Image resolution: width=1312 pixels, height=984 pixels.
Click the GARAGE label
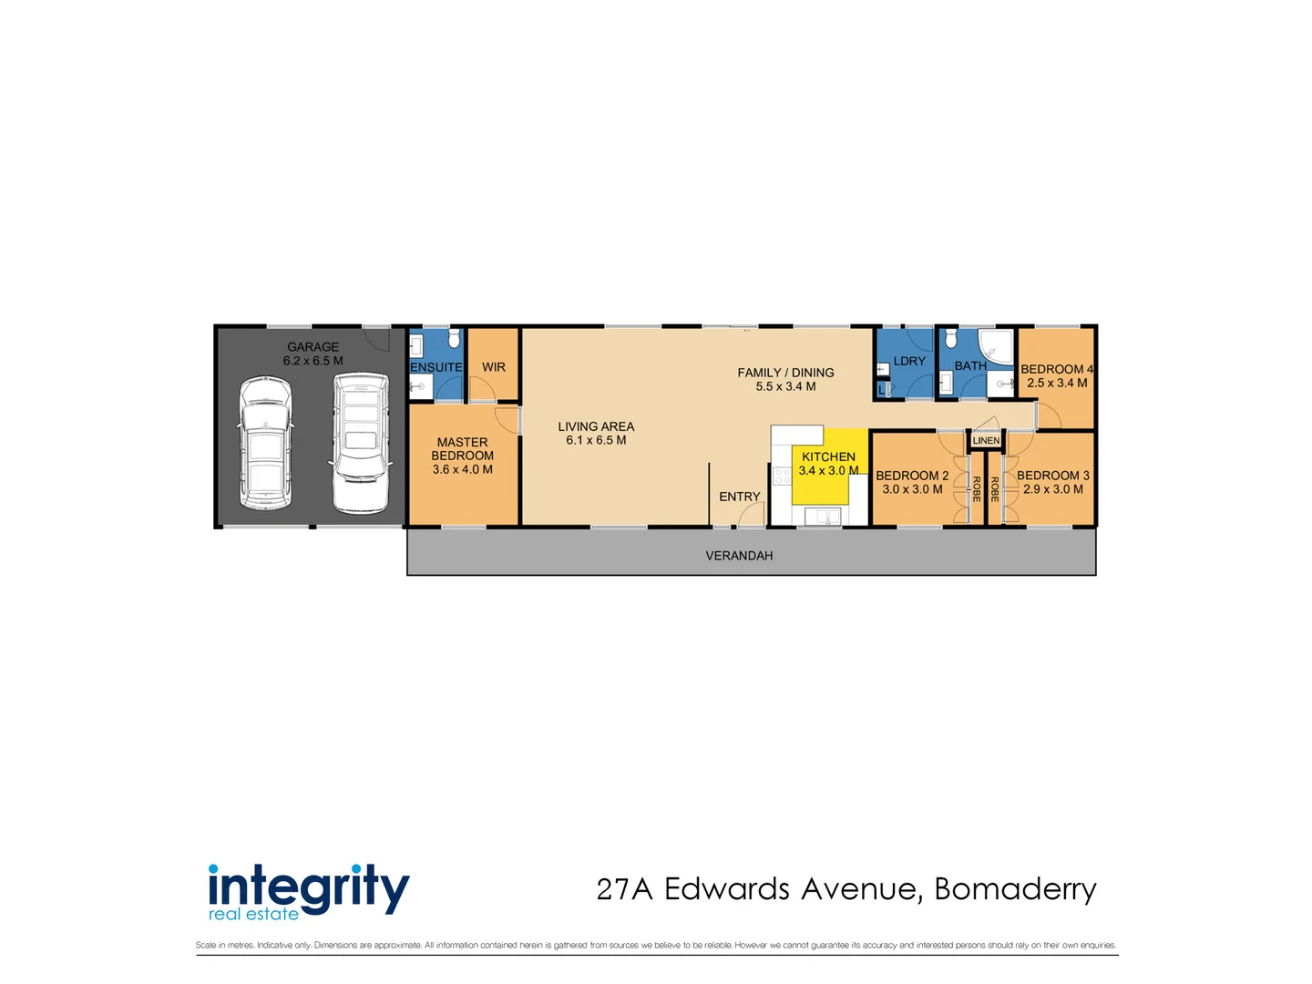click(x=313, y=347)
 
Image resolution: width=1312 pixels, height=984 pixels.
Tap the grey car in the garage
click(x=265, y=444)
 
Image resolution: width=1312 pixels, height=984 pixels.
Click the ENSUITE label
click(x=436, y=367)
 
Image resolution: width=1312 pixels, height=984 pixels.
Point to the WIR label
click(x=494, y=367)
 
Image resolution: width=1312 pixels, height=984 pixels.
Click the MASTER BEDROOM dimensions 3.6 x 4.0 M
click(x=462, y=470)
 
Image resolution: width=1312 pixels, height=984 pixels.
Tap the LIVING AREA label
click(x=596, y=426)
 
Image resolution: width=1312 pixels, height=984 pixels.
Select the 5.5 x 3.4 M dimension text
click(x=785, y=386)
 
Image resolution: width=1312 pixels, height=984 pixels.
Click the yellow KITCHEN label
click(x=828, y=456)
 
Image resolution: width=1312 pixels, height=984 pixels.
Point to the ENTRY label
click(x=739, y=497)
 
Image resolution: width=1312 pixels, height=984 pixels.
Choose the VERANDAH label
click(x=739, y=556)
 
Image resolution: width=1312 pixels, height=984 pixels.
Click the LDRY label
click(x=909, y=362)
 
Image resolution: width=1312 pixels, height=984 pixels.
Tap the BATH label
click(x=970, y=366)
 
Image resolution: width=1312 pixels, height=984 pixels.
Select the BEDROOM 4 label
click(x=1056, y=369)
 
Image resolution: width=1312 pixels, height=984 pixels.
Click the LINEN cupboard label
click(x=986, y=441)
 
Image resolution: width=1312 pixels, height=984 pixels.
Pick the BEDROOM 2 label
click(x=912, y=476)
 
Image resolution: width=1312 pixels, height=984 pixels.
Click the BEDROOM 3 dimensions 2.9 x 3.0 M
click(x=1053, y=489)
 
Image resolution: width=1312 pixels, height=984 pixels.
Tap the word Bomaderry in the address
click(x=1015, y=889)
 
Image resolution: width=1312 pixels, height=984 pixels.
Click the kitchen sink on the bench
click(x=828, y=517)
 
